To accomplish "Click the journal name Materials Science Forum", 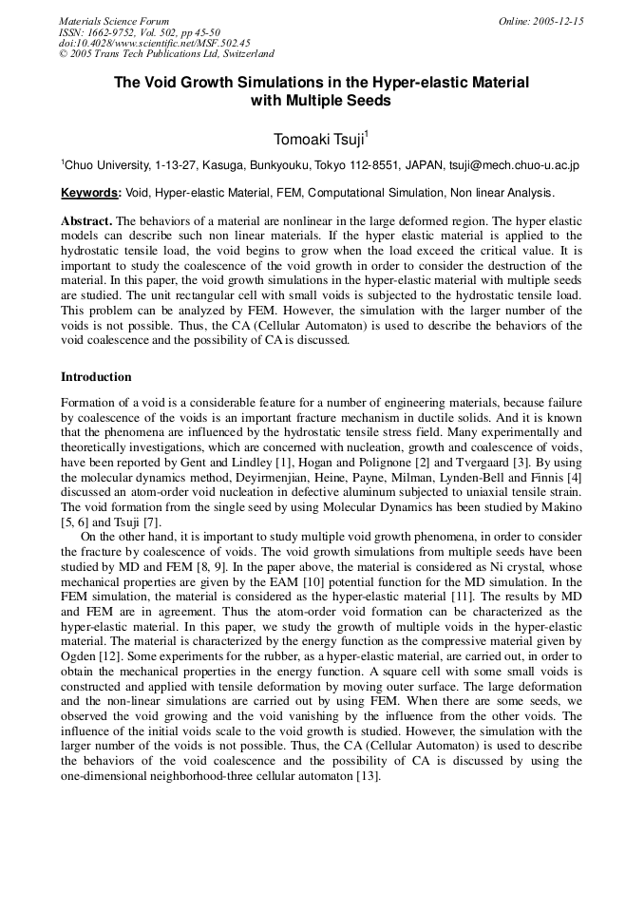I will [114, 21].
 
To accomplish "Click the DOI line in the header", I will [154, 43].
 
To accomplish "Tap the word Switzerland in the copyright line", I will [246, 54].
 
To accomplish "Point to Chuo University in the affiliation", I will [104, 165].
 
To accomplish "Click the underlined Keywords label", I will [90, 193].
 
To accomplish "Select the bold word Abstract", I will [86, 221].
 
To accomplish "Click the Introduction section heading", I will [96, 377].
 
